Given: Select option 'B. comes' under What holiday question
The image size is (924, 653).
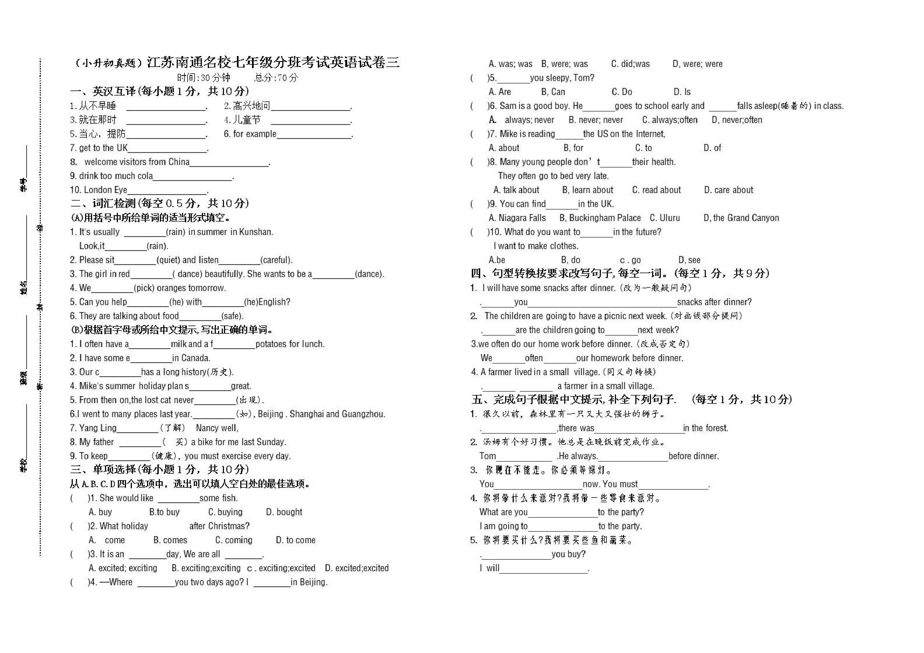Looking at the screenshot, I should pos(170,540).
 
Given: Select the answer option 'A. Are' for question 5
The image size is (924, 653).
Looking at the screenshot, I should pos(500,92).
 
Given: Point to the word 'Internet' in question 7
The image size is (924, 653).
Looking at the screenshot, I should pos(649,134).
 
